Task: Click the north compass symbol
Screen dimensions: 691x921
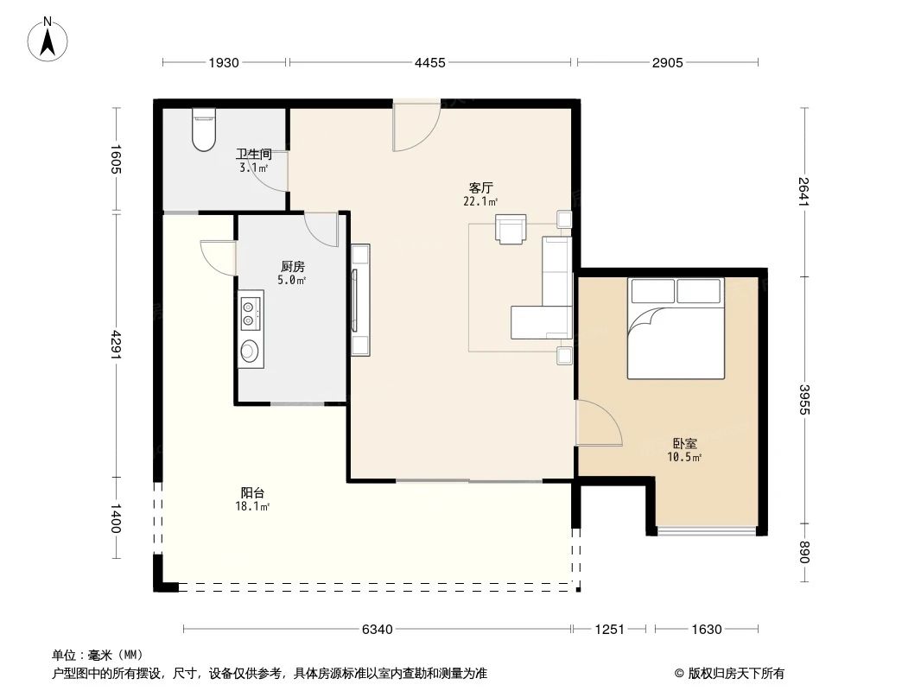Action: point(49,40)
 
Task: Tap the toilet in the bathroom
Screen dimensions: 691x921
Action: point(204,130)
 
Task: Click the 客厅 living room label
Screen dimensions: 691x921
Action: point(480,187)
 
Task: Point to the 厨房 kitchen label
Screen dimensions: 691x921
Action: point(292,267)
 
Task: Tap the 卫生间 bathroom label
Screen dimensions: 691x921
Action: point(255,155)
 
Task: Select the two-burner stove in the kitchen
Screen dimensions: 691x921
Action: point(250,313)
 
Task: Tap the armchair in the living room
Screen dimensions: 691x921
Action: point(511,230)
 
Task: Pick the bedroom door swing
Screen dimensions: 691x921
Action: point(599,424)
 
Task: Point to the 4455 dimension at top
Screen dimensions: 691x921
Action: point(429,62)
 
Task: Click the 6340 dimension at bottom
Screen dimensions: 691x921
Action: point(377,630)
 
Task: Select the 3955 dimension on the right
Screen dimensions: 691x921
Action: point(804,399)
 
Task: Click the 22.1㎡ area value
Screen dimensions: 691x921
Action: point(480,202)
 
